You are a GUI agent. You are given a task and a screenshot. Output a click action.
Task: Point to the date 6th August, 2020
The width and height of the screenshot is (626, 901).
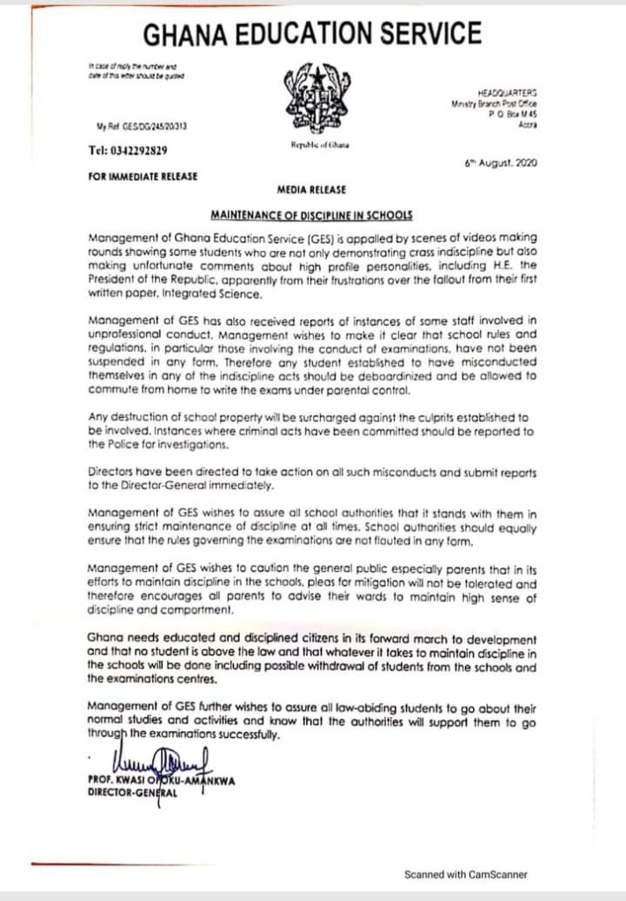point(500,164)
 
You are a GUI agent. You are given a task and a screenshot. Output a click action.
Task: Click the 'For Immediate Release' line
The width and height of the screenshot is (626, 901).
point(143,175)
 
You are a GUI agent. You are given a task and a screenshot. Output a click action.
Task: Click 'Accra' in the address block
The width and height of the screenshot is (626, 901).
point(528,125)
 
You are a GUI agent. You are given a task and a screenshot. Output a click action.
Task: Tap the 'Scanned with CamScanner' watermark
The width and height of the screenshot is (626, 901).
point(465,875)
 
